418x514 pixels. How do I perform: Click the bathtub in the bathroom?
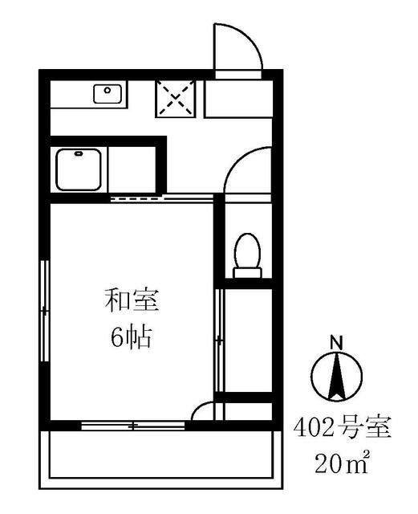point(78,168)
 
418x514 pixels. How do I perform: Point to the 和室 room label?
point(132,303)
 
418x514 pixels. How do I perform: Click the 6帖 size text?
point(132,337)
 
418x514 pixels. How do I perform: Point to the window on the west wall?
point(45,309)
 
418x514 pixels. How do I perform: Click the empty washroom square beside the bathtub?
point(135,167)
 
